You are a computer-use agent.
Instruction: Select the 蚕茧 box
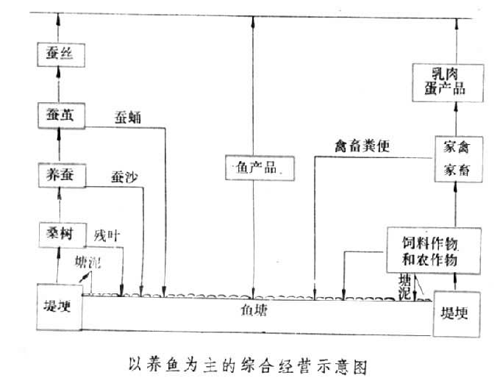(58, 115)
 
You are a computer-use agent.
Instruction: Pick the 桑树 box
(58, 235)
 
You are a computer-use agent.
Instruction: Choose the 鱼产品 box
(252, 168)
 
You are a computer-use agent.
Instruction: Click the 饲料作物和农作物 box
(432, 250)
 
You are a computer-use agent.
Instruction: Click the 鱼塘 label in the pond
(255, 310)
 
